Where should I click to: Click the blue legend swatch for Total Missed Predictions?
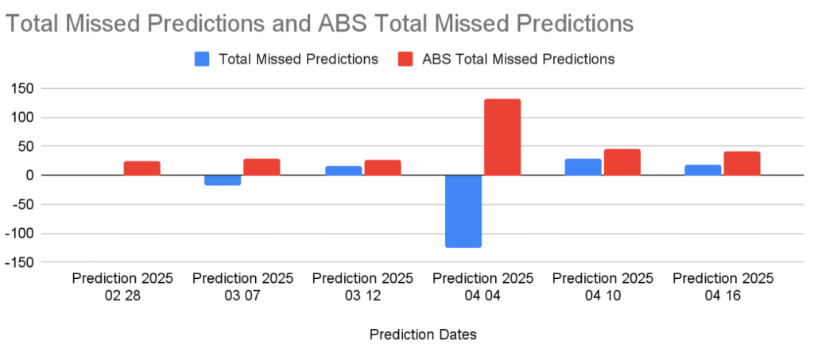pyautogui.click(x=202, y=59)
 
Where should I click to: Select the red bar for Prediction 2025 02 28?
pyautogui.click(x=142, y=168)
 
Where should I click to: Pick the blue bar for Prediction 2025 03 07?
pyautogui.click(x=223, y=180)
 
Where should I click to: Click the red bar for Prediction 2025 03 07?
pyautogui.click(x=262, y=167)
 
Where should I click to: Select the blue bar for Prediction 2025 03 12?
pyautogui.click(x=343, y=171)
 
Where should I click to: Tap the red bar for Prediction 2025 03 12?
pyautogui.click(x=382, y=168)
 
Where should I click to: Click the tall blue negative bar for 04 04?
pyautogui.click(x=463, y=211)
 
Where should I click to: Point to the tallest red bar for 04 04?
pyautogui.click(x=502, y=137)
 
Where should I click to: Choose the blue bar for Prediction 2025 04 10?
pyautogui.click(x=583, y=167)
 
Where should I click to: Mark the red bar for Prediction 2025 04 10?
pyautogui.click(x=622, y=162)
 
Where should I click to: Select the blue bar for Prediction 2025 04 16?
pyautogui.click(x=703, y=170)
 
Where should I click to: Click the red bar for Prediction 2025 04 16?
pyautogui.click(x=742, y=164)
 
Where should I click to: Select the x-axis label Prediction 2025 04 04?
pyautogui.click(x=483, y=287)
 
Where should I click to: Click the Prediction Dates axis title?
pyautogui.click(x=423, y=335)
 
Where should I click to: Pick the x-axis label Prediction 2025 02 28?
pyautogui.click(x=122, y=287)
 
